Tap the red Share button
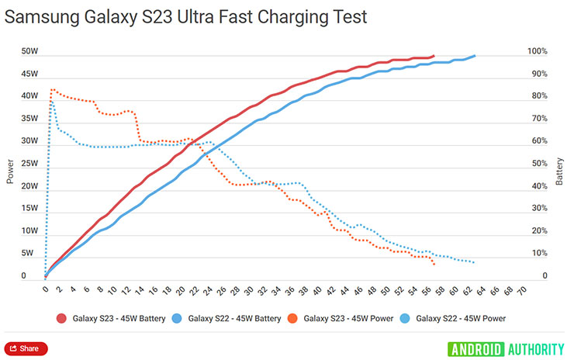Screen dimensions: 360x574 [26, 348]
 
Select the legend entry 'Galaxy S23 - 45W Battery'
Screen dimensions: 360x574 [112, 317]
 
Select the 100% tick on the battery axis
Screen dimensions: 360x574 [538, 52]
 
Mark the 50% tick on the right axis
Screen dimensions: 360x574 [538, 164]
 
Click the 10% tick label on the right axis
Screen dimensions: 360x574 [538, 254]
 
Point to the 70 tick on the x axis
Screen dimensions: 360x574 [521, 290]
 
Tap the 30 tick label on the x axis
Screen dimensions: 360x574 [249, 290]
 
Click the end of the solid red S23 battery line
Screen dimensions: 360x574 [434, 56]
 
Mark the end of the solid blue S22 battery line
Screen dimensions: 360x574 [474, 56]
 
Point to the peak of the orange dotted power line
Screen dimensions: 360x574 [53, 90]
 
